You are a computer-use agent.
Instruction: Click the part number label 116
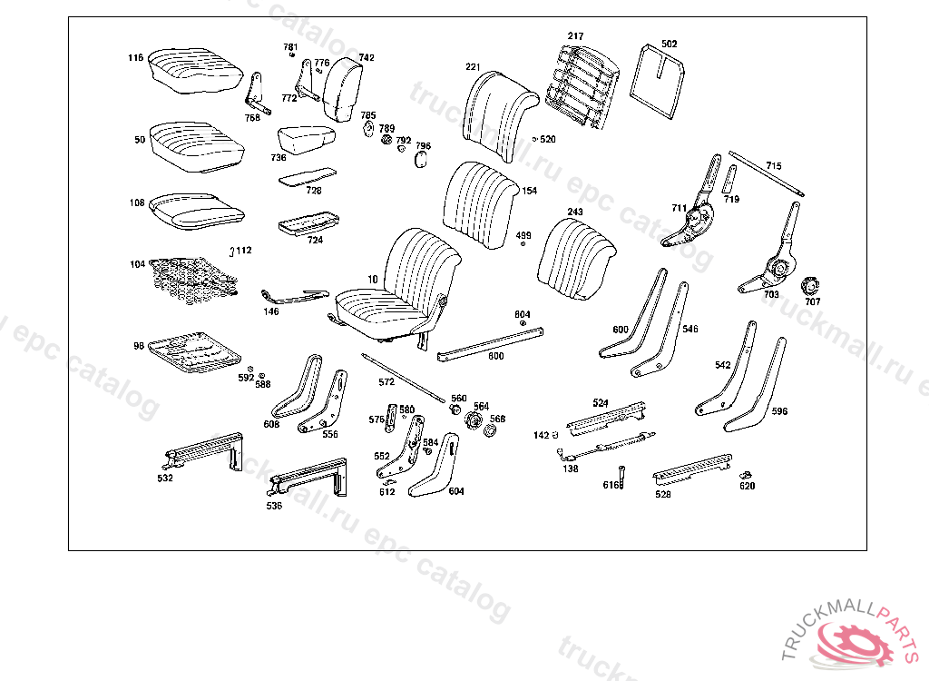point(135,58)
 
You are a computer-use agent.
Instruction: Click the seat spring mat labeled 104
point(194,274)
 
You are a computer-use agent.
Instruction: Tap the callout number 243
point(575,212)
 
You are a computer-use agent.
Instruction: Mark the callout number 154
point(530,192)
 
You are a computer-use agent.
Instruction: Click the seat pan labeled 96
point(195,350)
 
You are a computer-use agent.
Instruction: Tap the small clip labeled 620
point(748,474)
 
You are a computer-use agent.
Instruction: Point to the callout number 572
point(386,382)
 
